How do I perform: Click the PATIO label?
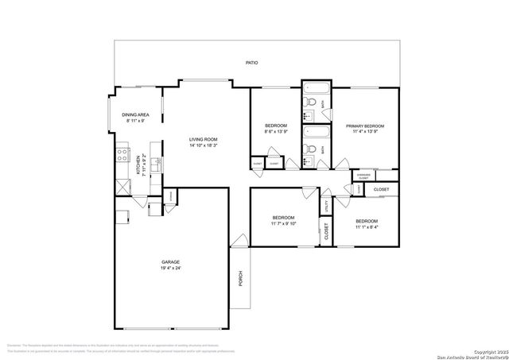click(251, 63)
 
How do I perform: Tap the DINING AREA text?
click(135, 115)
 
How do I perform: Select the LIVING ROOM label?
click(203, 140)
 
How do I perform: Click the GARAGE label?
click(170, 261)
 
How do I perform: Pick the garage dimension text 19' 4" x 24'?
click(170, 268)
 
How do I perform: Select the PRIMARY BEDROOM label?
click(365, 126)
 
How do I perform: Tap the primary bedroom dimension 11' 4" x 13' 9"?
click(365, 133)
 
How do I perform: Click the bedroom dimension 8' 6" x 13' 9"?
click(276, 133)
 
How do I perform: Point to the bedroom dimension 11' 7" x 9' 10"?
click(283, 224)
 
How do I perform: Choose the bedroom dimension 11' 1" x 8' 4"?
click(367, 227)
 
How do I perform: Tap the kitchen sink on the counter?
click(157, 165)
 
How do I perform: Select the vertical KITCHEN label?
click(138, 165)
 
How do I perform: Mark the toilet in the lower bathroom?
click(313, 149)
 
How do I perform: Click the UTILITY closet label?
click(326, 206)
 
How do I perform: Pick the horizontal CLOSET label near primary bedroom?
click(382, 189)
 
